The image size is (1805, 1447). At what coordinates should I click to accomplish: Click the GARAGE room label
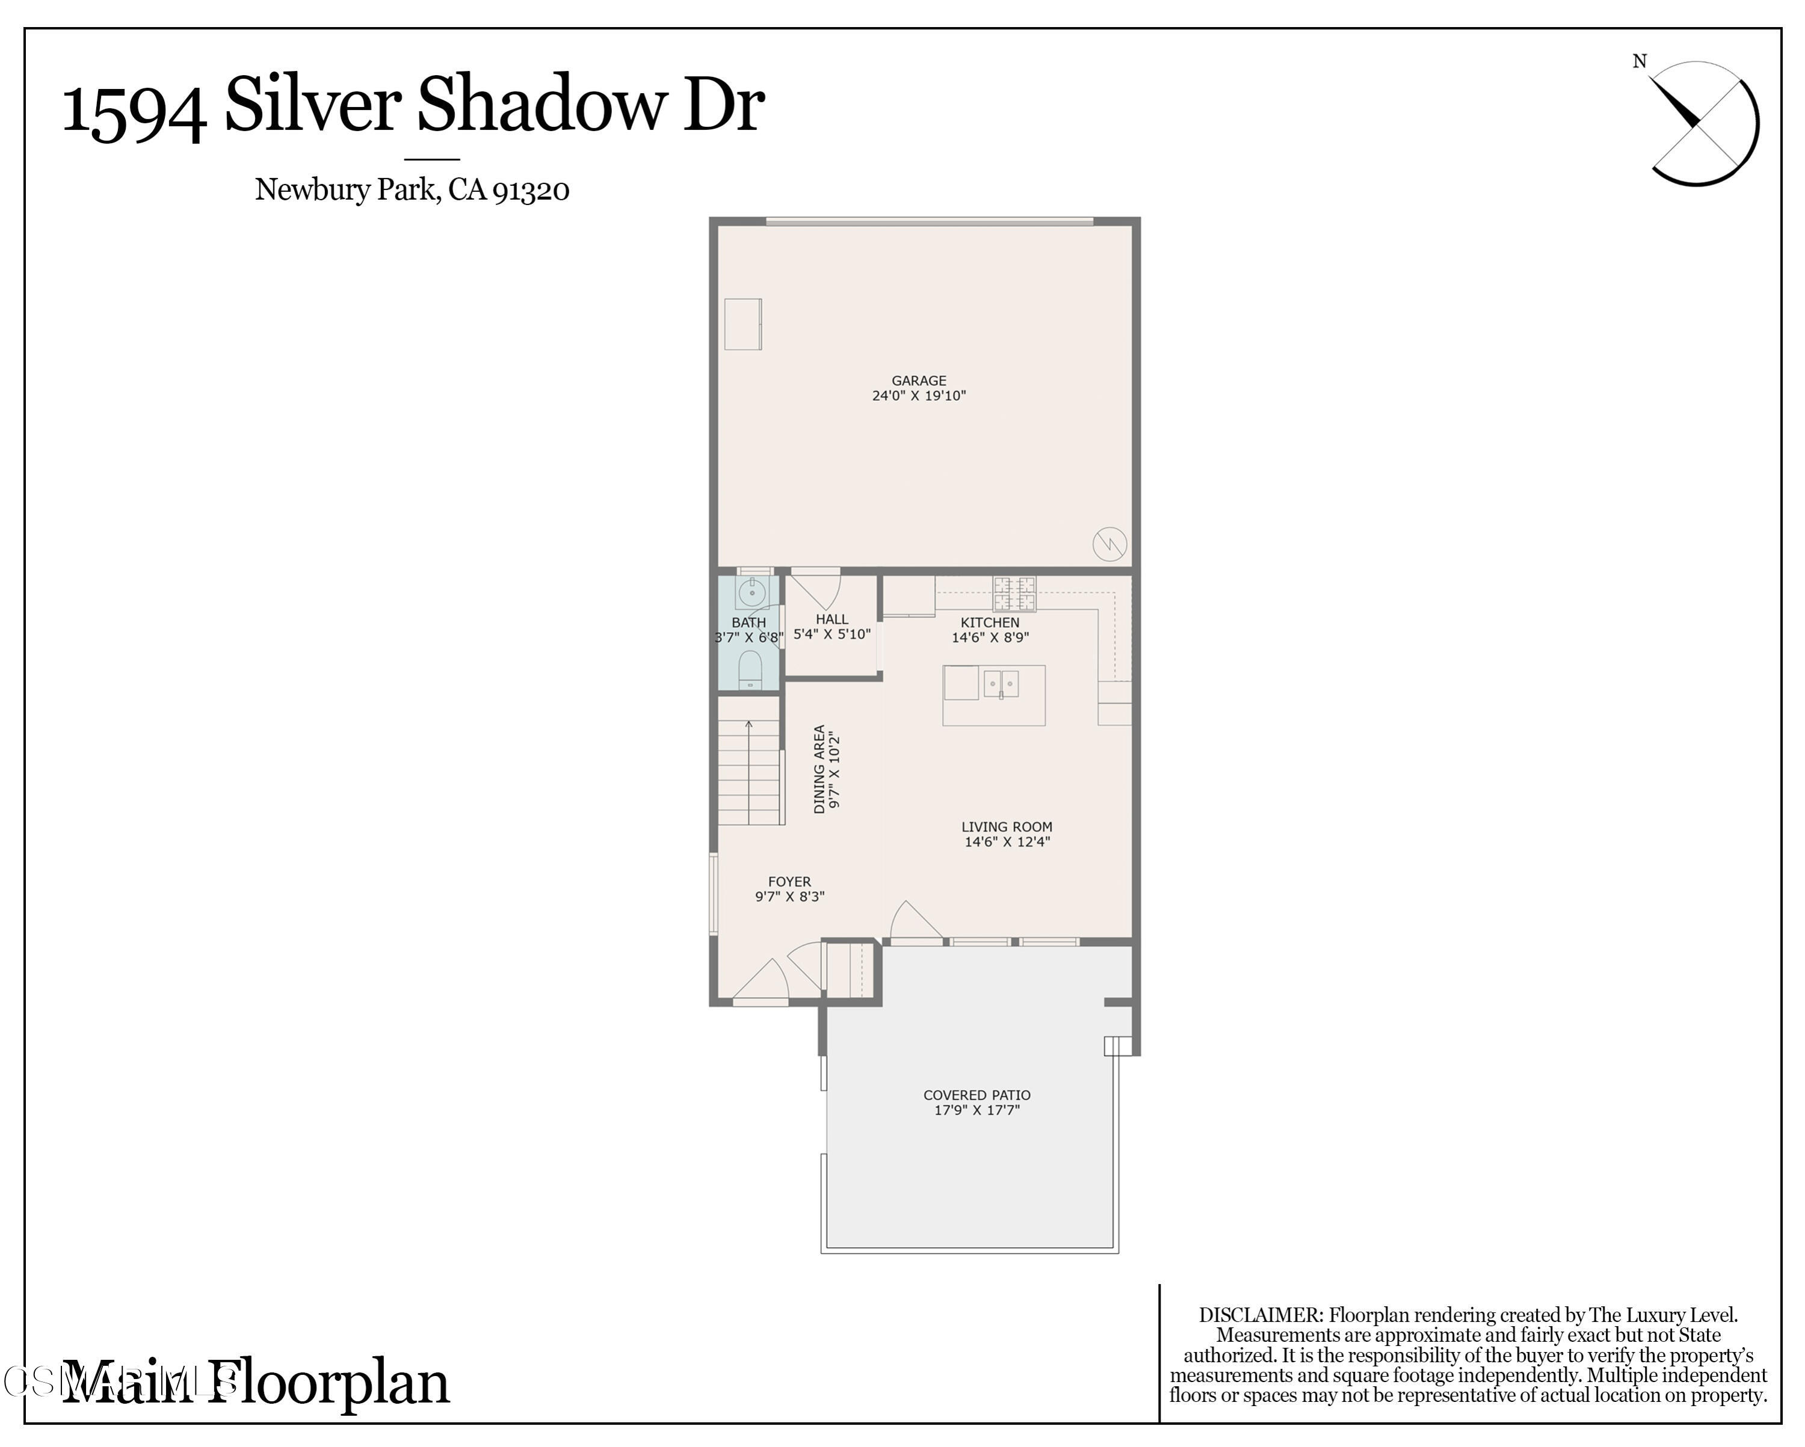[x=918, y=380]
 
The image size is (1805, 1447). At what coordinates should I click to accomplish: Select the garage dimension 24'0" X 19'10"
[x=918, y=396]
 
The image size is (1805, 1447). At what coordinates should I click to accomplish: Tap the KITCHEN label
[x=990, y=622]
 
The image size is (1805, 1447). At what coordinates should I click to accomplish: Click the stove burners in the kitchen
[x=1014, y=594]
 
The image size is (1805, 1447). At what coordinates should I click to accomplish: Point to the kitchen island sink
[x=1001, y=684]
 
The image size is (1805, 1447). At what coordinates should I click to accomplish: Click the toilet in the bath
[x=749, y=669]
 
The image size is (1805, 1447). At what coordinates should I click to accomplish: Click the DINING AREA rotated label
[x=819, y=768]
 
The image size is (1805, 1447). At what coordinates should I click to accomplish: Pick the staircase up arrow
[x=748, y=725]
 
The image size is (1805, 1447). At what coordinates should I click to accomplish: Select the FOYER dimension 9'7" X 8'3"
[x=789, y=896]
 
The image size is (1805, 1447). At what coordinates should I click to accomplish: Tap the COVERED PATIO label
[x=976, y=1095]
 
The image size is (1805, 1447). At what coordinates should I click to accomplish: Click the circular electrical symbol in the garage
[x=1109, y=545]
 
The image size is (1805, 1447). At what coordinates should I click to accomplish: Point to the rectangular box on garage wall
[x=742, y=324]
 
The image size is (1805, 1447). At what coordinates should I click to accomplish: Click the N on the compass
[x=1639, y=61]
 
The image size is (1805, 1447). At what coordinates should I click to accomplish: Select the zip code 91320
[x=531, y=191]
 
